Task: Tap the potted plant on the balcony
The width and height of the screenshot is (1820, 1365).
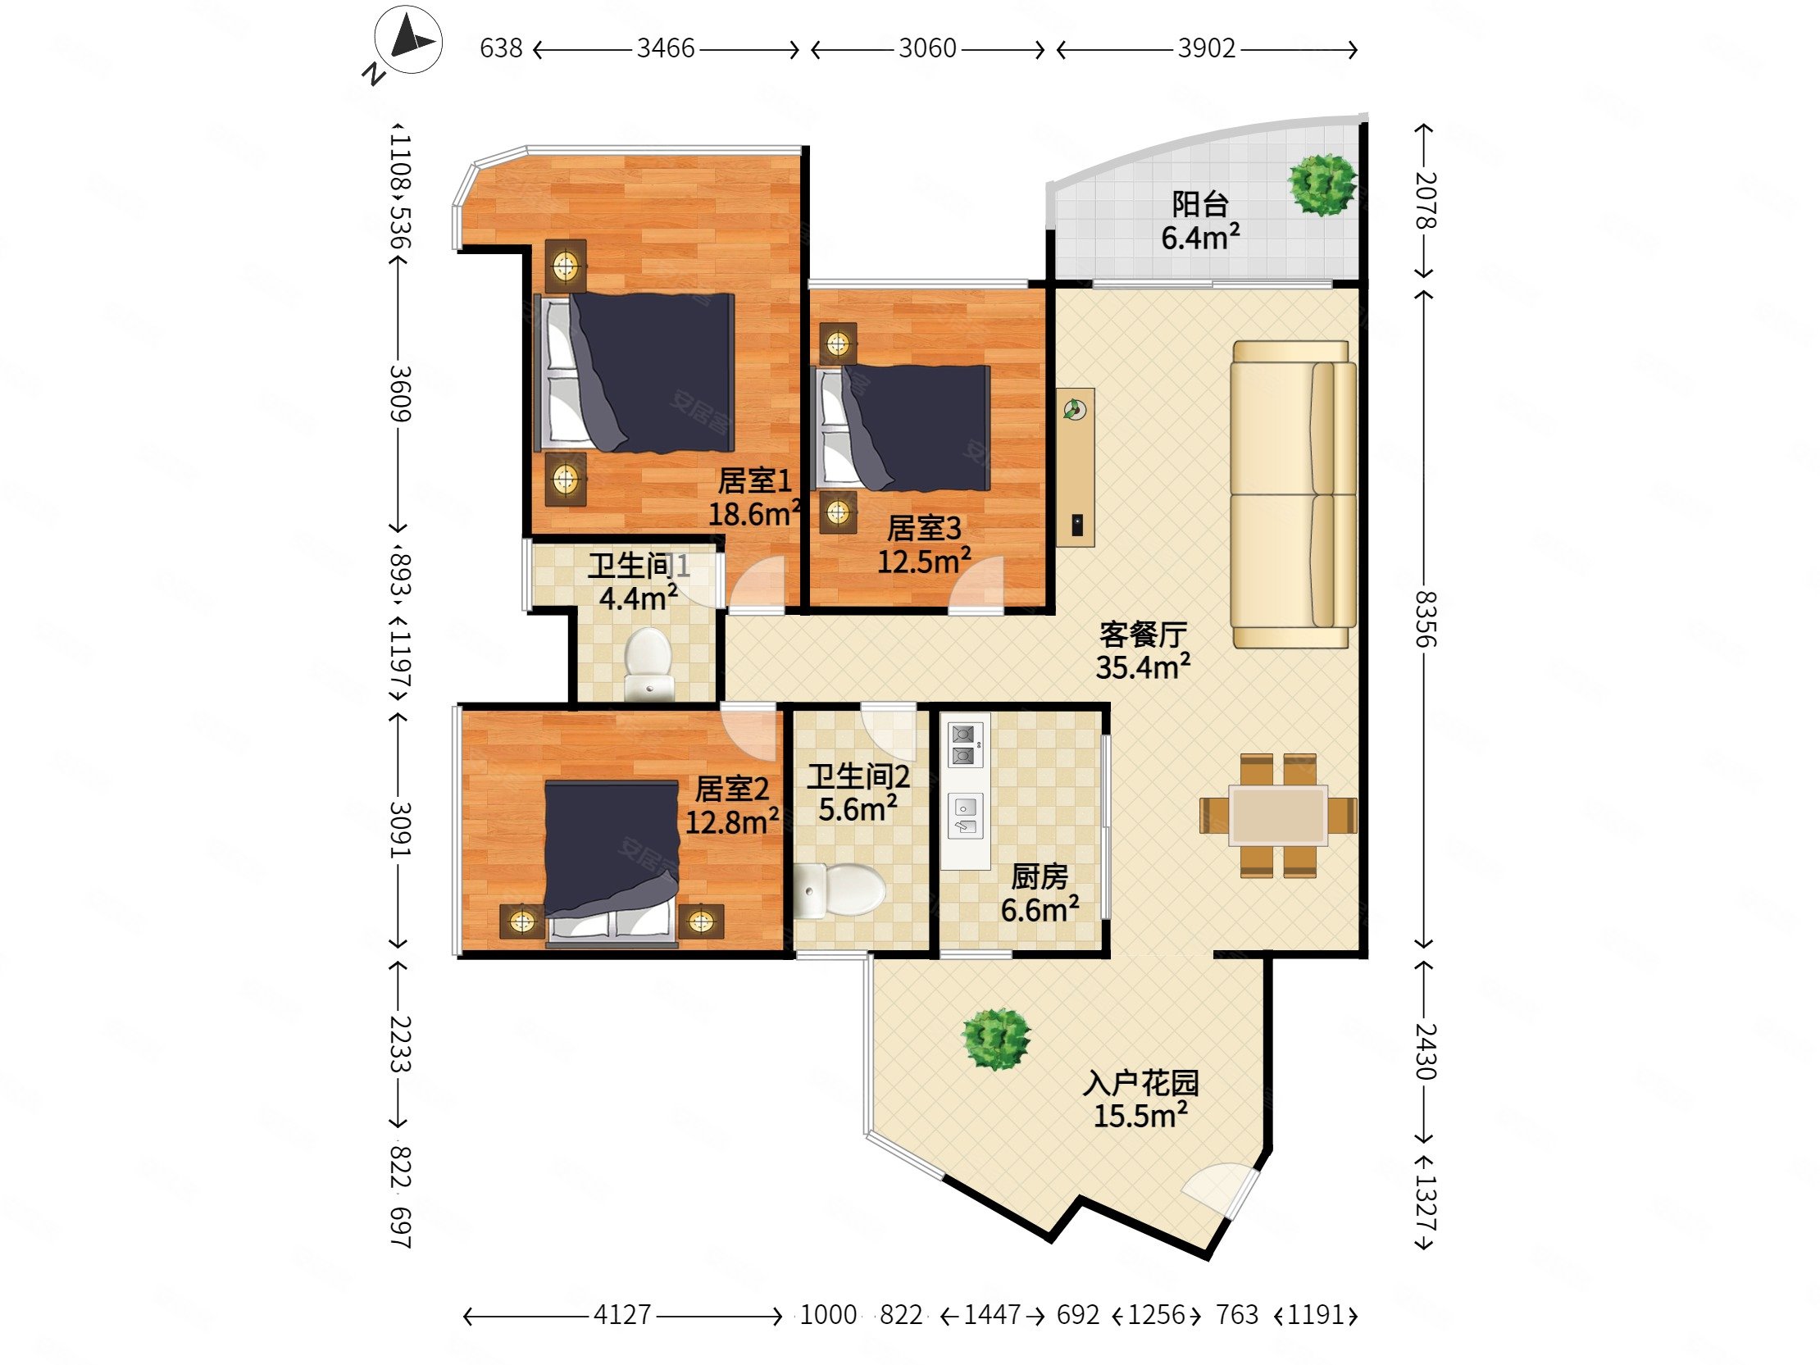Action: click(x=1322, y=184)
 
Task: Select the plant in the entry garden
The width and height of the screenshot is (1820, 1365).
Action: click(x=996, y=1040)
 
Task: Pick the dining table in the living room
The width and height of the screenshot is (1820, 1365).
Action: click(x=1277, y=815)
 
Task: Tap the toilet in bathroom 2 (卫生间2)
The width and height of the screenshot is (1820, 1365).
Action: click(x=840, y=890)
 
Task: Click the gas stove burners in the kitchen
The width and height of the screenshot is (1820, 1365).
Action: click(x=965, y=744)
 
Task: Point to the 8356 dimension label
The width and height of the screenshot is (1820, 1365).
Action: click(x=1425, y=619)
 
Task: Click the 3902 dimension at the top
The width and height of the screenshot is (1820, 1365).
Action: click(x=1206, y=48)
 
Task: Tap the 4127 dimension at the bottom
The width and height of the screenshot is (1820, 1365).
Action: click(x=622, y=1315)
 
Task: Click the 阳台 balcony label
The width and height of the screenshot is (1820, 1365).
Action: click(x=1199, y=204)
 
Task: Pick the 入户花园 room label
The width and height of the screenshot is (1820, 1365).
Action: click(x=1140, y=1083)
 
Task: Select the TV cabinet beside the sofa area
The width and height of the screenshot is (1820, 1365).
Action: click(x=1076, y=466)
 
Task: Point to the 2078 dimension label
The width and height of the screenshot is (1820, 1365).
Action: click(x=1425, y=200)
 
